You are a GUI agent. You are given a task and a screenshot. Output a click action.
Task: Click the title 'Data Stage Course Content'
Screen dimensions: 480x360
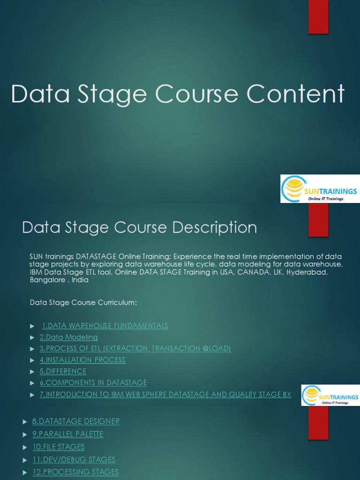(x=178, y=94)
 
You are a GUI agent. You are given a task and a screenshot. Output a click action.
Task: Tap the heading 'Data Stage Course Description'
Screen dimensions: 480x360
(x=139, y=228)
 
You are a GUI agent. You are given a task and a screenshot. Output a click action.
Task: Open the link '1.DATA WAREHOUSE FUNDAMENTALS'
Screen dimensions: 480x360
(x=105, y=326)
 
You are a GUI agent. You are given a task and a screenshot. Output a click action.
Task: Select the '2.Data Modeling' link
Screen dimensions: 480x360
(x=68, y=337)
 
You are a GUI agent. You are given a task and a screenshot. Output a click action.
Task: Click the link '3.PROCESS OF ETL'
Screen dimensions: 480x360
(x=135, y=349)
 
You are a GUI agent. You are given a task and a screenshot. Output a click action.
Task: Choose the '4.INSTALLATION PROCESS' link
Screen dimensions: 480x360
(x=82, y=360)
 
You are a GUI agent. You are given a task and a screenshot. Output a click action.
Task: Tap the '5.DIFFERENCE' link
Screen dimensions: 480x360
(x=63, y=371)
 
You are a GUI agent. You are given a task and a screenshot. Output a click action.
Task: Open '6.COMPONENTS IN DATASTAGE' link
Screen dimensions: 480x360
(x=93, y=383)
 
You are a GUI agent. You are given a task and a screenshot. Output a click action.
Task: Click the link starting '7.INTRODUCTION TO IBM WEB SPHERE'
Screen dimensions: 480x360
(x=165, y=395)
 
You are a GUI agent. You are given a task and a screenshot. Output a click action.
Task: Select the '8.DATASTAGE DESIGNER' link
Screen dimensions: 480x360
(x=76, y=421)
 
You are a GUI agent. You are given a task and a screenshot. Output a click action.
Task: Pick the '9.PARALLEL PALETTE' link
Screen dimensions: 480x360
(x=68, y=435)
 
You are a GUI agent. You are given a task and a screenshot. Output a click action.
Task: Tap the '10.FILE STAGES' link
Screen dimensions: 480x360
(x=59, y=447)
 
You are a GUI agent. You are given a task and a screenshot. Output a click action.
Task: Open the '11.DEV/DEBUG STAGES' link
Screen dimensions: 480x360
(x=74, y=460)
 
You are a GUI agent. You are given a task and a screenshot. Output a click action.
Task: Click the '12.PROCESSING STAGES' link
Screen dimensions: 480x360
(x=75, y=472)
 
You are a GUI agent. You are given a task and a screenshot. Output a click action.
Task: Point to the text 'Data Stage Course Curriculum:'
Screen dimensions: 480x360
(x=83, y=303)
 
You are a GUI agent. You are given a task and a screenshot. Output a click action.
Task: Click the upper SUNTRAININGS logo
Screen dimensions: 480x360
(x=320, y=189)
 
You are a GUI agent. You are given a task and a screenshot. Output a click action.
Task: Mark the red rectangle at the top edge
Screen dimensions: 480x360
(x=318, y=16)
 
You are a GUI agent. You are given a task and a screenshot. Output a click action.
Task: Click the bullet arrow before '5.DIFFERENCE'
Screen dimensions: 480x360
(x=32, y=372)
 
